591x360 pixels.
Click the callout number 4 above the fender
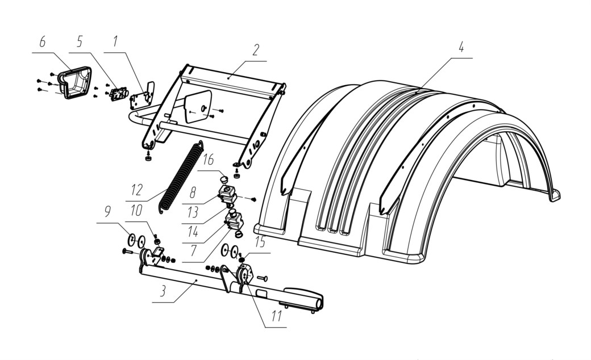461,48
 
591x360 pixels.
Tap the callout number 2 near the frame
256,50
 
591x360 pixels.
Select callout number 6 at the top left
42,42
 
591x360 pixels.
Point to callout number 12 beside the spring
136,190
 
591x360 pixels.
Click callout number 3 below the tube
163,291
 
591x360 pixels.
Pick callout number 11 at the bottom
277,316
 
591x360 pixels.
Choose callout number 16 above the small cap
207,160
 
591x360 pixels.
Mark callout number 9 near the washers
107,212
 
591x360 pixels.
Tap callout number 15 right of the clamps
260,242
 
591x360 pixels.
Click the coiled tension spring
180,176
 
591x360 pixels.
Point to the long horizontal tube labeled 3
230,286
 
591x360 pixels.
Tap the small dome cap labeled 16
224,178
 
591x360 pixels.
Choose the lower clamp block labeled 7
234,221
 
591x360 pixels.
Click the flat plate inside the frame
198,107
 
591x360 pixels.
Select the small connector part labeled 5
118,94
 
